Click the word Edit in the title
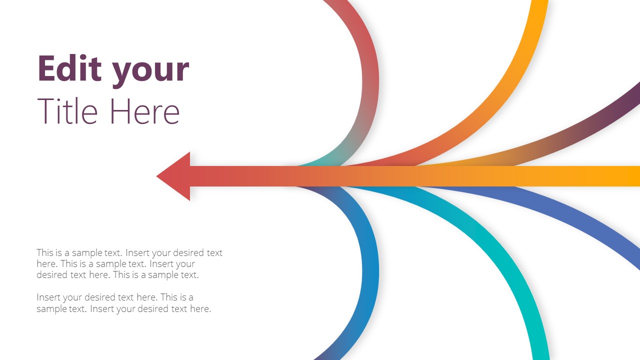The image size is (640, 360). (x=70, y=68)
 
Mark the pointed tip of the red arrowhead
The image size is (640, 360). (x=157, y=176)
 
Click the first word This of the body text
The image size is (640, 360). (x=45, y=253)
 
